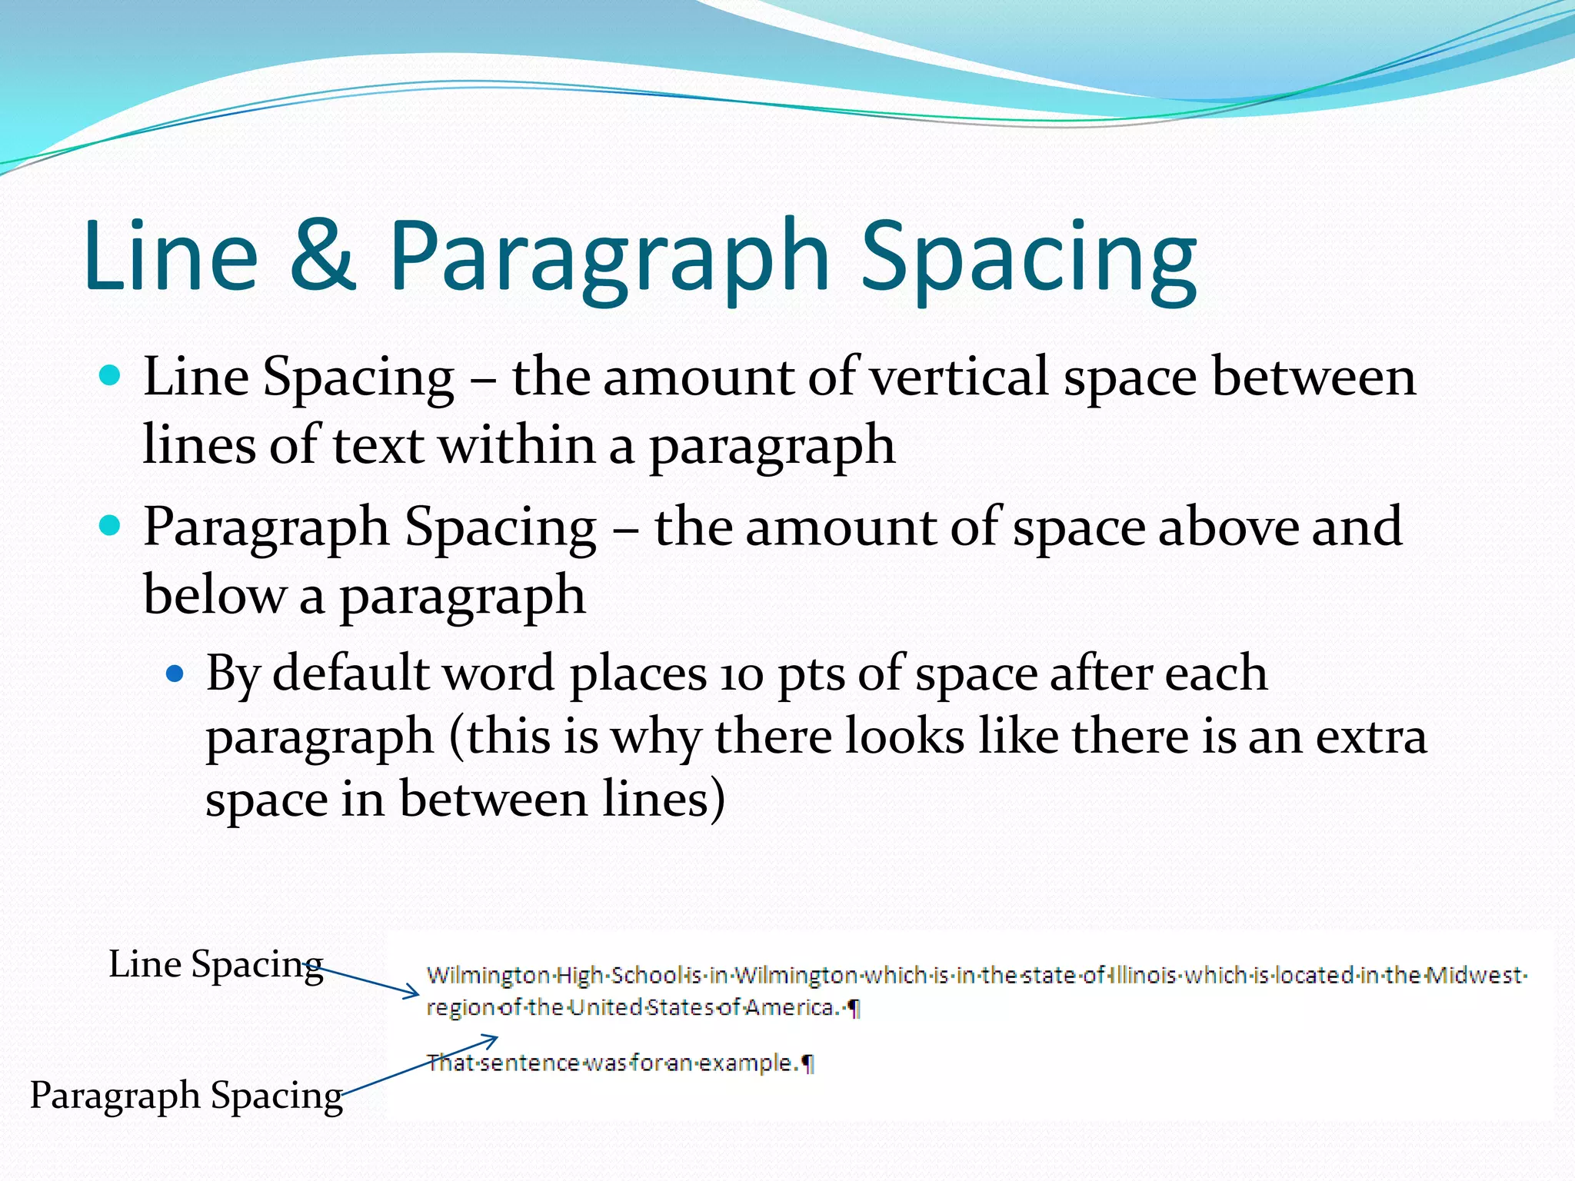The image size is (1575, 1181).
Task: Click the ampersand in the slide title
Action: point(323,255)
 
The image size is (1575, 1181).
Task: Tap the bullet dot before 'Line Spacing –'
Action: point(111,376)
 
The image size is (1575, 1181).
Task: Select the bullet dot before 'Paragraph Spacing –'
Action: point(111,526)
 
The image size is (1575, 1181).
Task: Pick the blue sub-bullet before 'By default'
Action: point(175,674)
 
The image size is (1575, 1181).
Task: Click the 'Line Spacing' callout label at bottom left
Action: point(215,964)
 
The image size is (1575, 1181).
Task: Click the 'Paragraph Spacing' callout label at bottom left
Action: point(186,1095)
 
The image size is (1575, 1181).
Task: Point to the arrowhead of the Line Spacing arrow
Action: point(415,993)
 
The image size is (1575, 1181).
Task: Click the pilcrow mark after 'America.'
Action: point(853,1008)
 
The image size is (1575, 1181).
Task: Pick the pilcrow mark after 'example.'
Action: point(807,1063)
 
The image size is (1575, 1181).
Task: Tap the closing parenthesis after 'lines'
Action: point(717,800)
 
